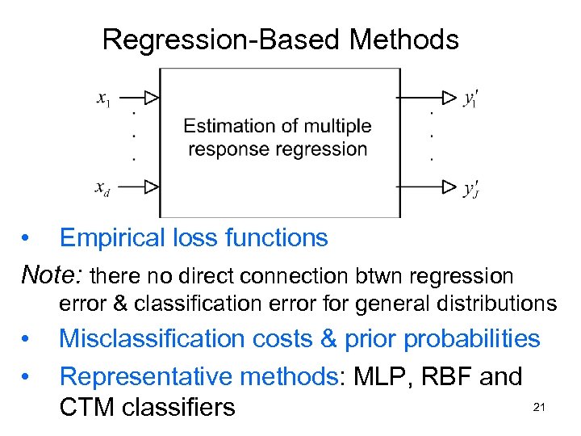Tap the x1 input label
pyautogui.click(x=104, y=99)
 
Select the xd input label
pyautogui.click(x=103, y=189)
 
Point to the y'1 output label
pyautogui.click(x=470, y=97)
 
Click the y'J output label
pyautogui.click(x=470, y=189)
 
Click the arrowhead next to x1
pyautogui.click(x=151, y=98)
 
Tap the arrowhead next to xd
pyautogui.click(x=151, y=187)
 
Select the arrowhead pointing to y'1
pyautogui.click(x=449, y=97)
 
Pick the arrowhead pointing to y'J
pyautogui.click(x=449, y=187)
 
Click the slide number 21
pyautogui.click(x=539, y=409)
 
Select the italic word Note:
pyautogui.click(x=52, y=275)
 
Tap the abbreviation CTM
pyautogui.click(x=87, y=407)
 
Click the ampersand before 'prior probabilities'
pyautogui.click(x=329, y=338)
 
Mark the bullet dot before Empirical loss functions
pyautogui.click(x=27, y=238)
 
